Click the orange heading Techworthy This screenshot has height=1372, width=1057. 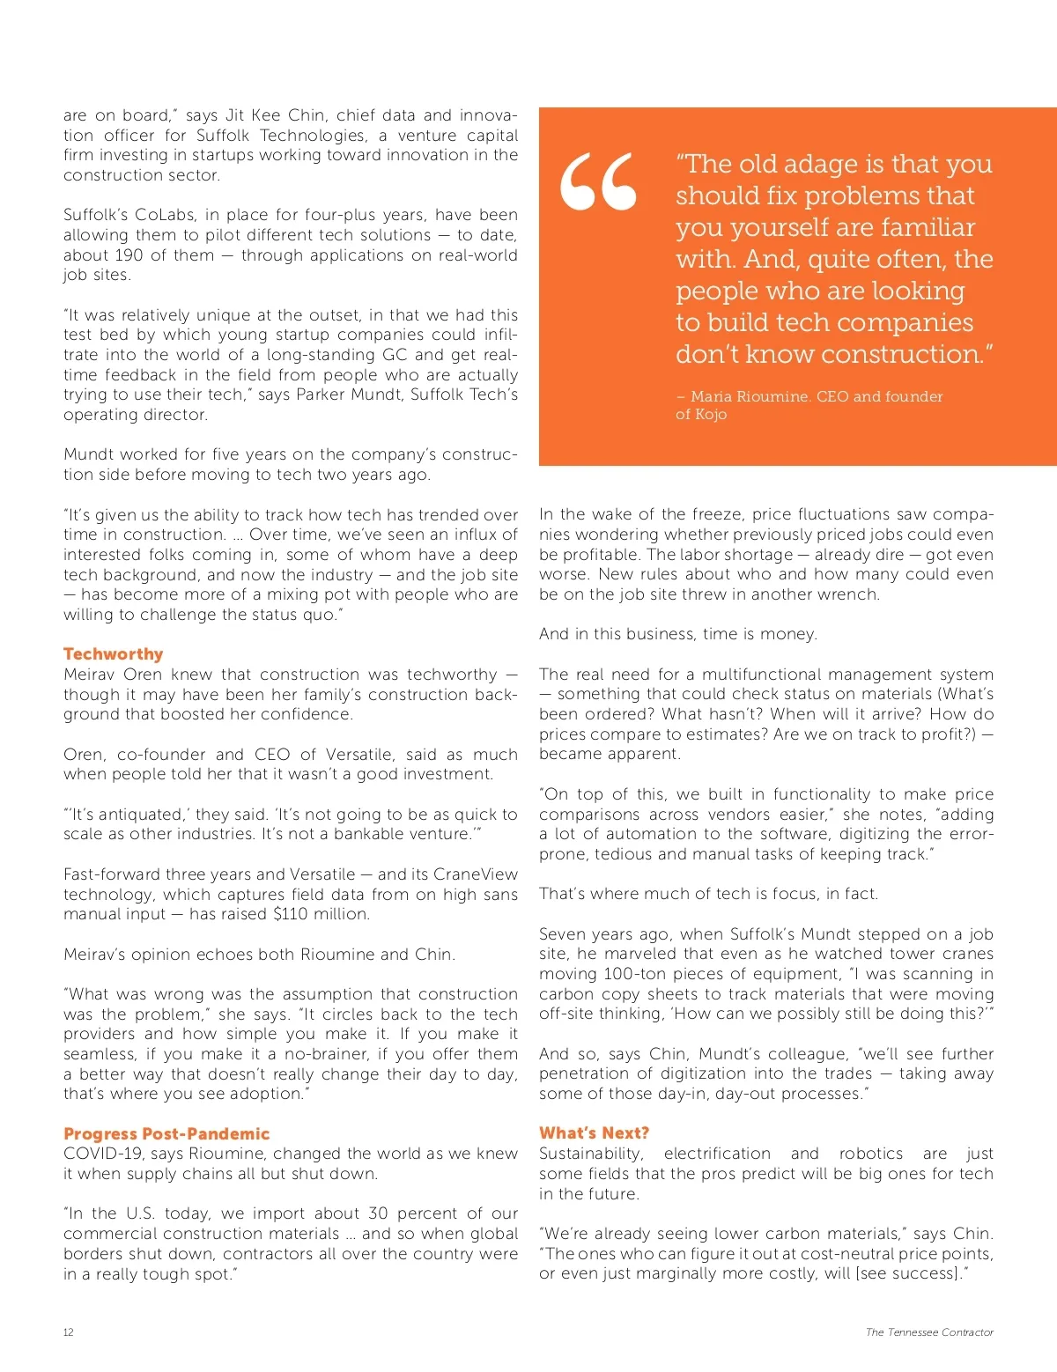click(113, 654)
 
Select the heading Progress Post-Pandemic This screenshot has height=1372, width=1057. click(166, 1134)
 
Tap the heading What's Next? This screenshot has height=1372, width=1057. click(594, 1133)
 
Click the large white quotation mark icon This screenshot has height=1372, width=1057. click(598, 182)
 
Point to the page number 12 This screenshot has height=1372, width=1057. click(69, 1332)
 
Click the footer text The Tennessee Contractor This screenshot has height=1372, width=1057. click(929, 1332)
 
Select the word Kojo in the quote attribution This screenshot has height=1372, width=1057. click(711, 415)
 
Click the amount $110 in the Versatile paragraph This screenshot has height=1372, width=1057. click(292, 914)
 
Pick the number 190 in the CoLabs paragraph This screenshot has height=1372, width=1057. click(128, 255)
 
